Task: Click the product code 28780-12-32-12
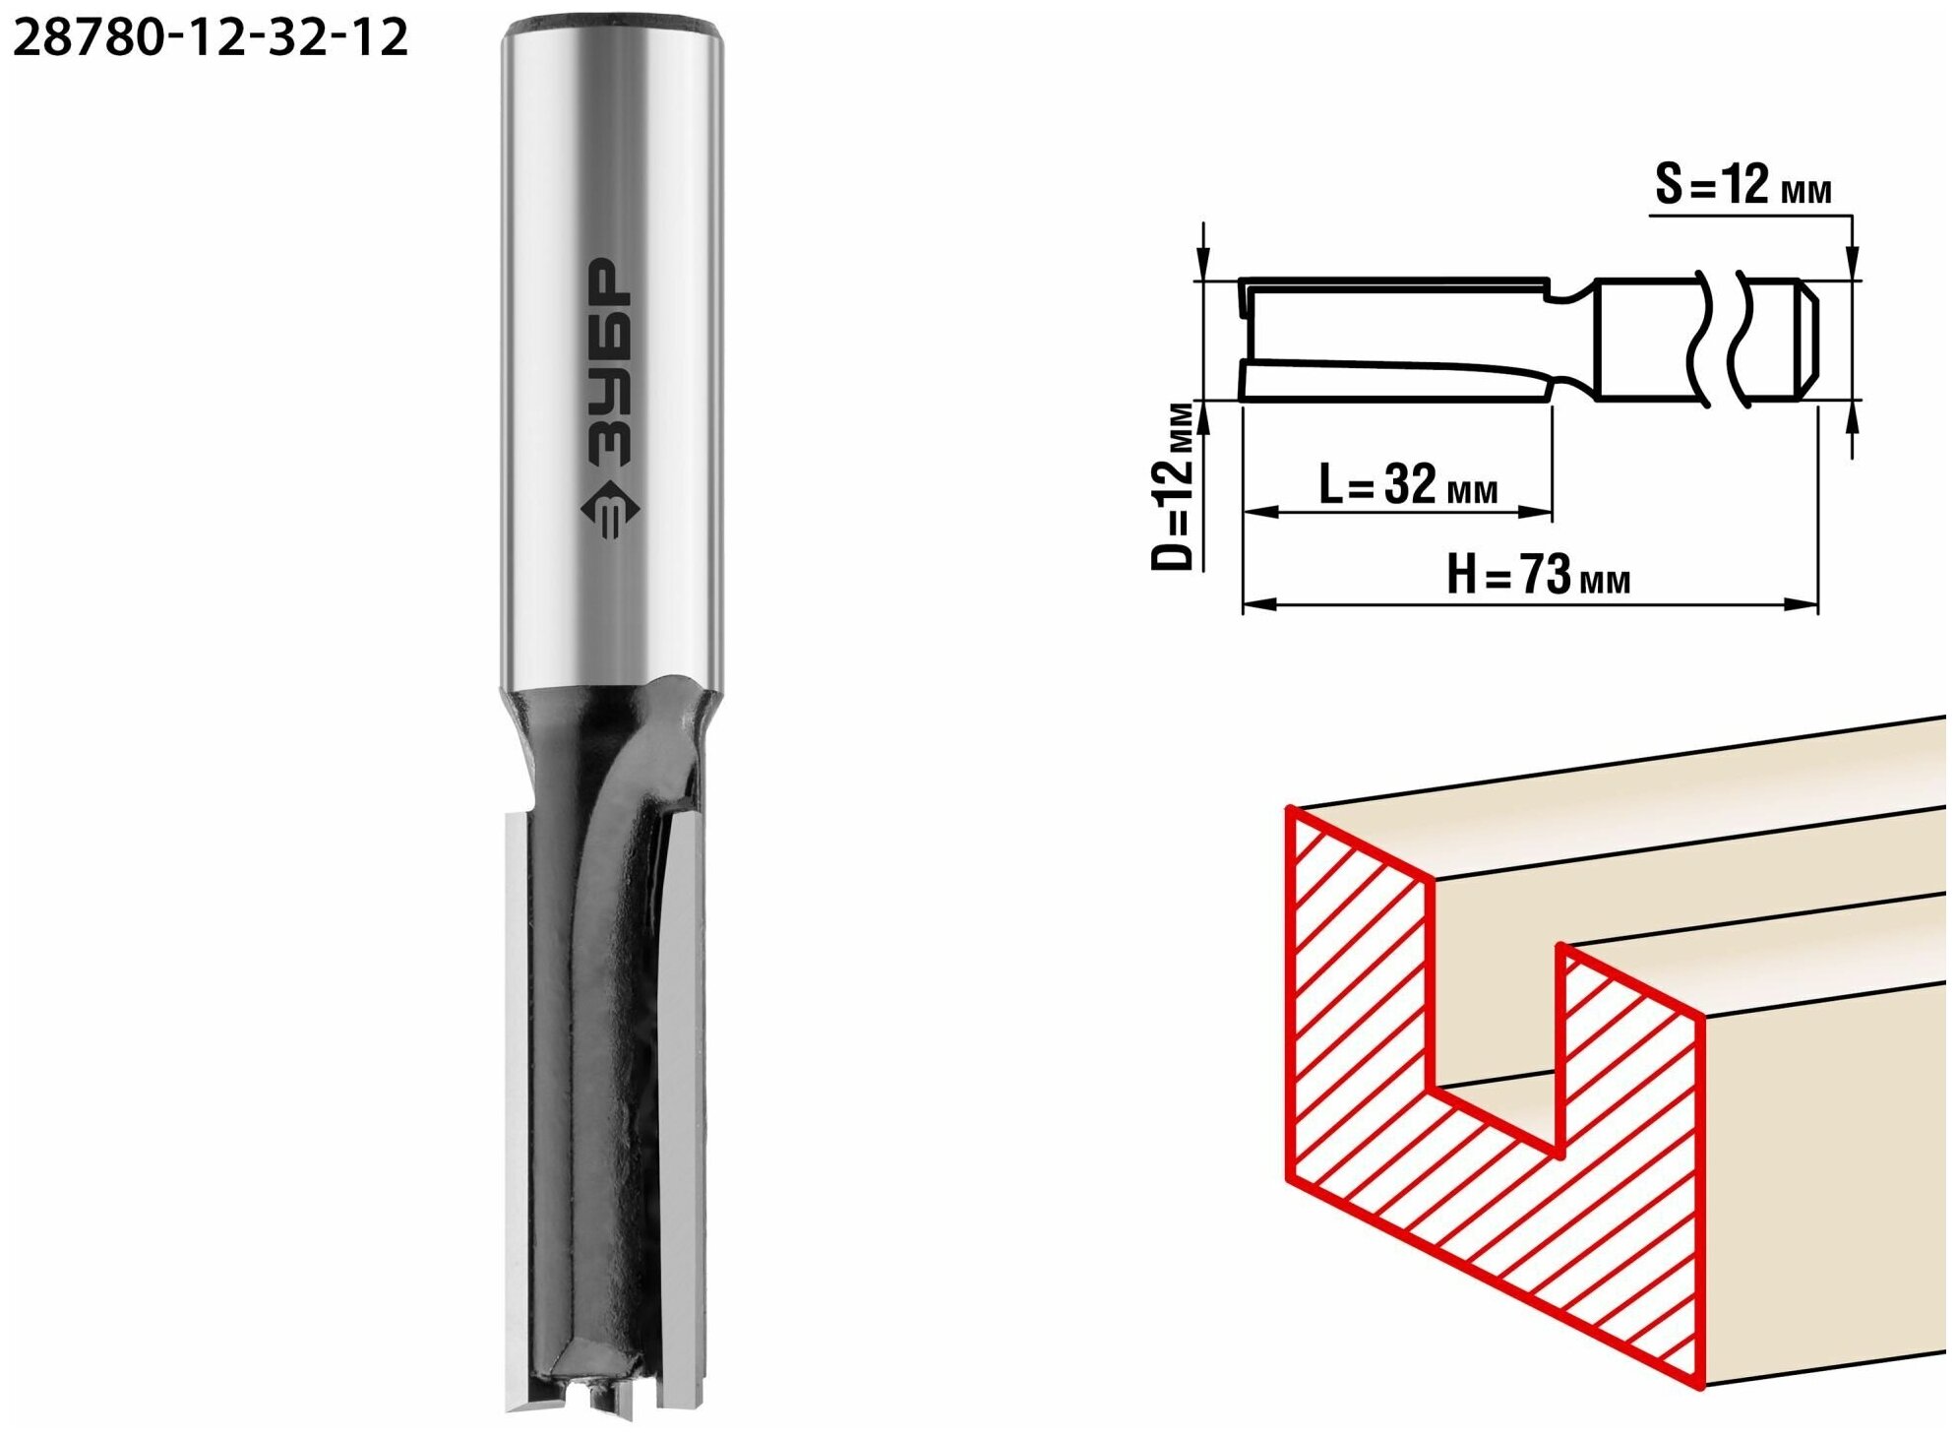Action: tap(210, 38)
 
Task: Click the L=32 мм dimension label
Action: tap(1408, 483)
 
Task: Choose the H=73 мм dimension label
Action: tap(1538, 575)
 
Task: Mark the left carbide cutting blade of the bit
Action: tap(516, 1112)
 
